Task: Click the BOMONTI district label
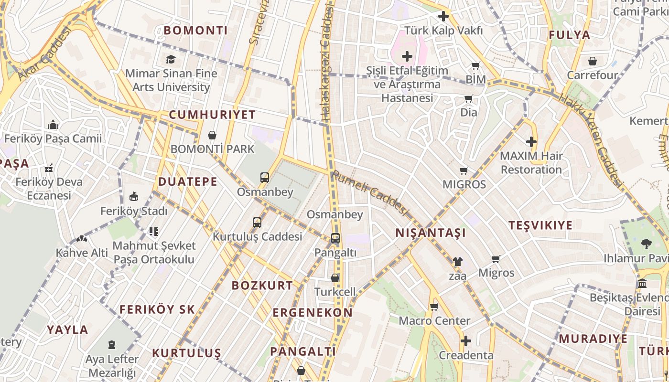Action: [195, 31]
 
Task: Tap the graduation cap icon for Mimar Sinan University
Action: [171, 59]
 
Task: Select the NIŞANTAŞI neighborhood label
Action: [431, 233]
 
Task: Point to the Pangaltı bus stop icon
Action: [335, 238]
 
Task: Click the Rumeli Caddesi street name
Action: [370, 192]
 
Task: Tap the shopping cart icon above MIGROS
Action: [464, 170]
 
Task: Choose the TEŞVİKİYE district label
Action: [540, 225]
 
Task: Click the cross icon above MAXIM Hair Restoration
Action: [531, 142]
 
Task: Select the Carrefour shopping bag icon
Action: [593, 61]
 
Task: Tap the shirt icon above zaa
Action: [457, 261]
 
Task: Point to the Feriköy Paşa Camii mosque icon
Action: [53, 125]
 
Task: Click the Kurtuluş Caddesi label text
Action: [257, 236]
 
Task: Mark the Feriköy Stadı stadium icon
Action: [134, 197]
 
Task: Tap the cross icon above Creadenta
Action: [466, 341]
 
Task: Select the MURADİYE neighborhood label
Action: [593, 339]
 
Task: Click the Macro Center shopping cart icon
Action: [434, 307]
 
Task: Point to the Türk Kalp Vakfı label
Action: [443, 31]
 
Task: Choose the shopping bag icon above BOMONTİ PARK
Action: [212, 135]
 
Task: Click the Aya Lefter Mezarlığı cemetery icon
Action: [112, 344]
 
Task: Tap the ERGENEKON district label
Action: [313, 313]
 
